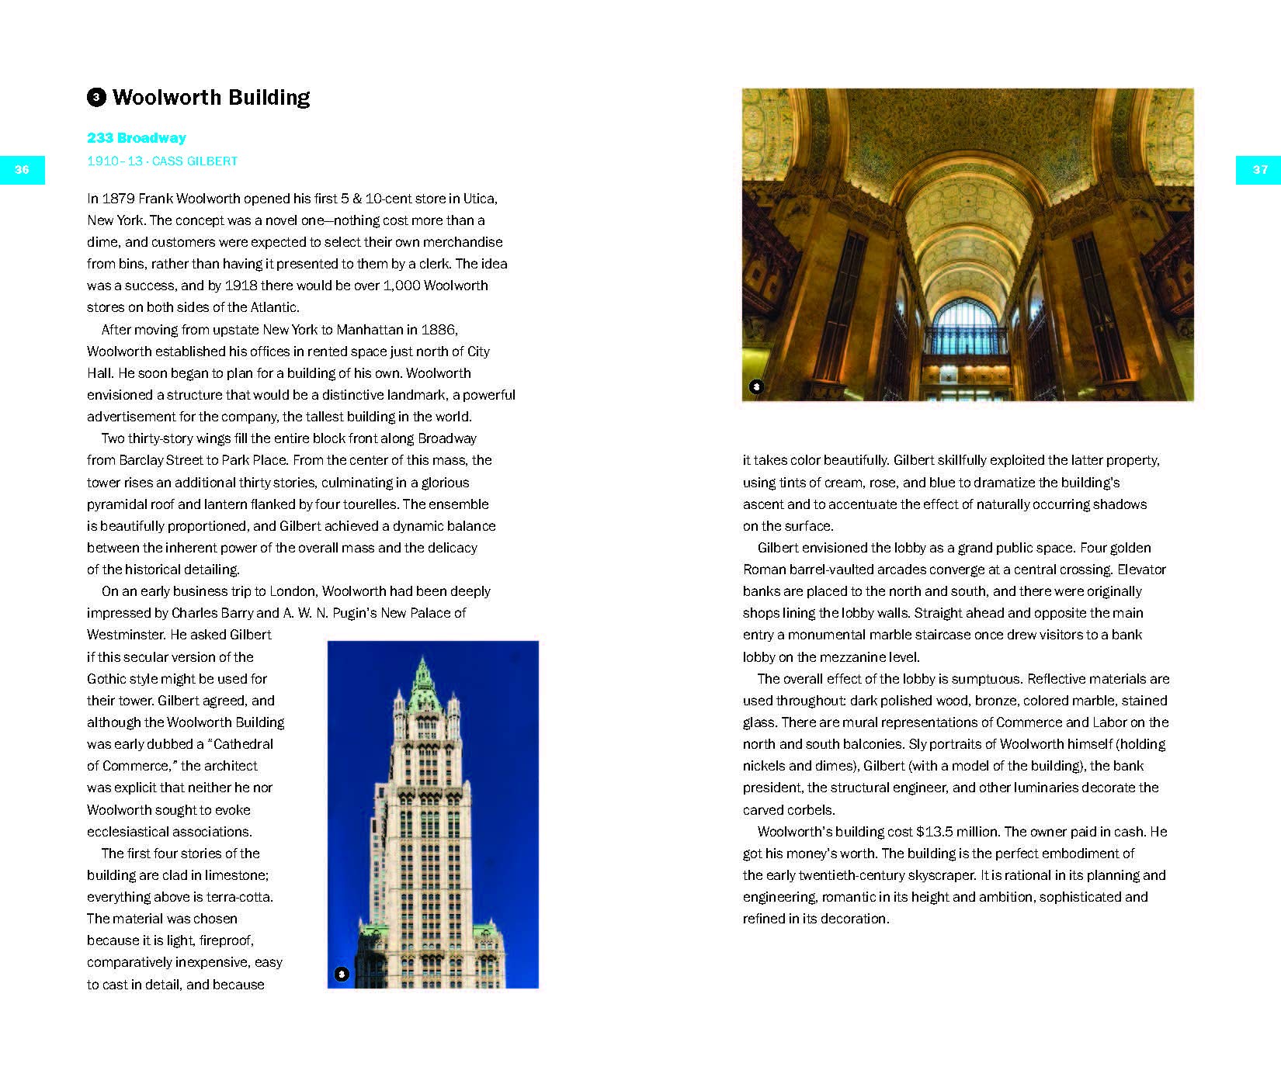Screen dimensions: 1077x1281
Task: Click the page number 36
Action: [x=22, y=170]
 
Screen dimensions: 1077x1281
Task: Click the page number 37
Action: [x=1259, y=170]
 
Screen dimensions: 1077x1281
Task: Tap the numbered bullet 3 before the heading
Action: [x=96, y=98]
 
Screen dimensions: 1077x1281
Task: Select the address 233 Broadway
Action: [x=137, y=138]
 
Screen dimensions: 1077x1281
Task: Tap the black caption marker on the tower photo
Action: [x=341, y=974]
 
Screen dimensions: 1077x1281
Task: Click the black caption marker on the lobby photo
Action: [x=756, y=386]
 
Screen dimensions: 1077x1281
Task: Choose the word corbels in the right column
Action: [x=812, y=810]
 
